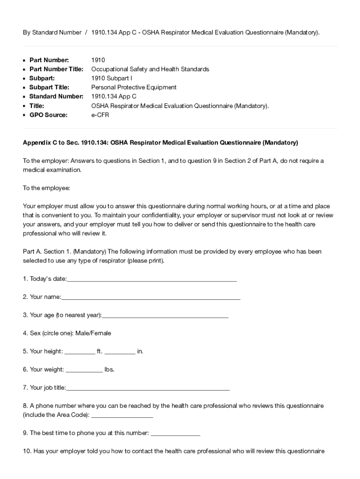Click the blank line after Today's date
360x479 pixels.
click(x=152, y=279)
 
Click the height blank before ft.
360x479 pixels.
click(x=79, y=351)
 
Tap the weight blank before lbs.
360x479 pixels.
click(x=84, y=370)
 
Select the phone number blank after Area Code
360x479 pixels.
click(x=122, y=415)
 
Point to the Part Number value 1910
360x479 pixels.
click(x=98, y=60)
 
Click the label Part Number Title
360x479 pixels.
click(x=56, y=69)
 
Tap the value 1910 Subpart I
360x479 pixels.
click(x=112, y=78)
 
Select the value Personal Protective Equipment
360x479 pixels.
click(x=134, y=87)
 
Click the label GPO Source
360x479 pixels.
click(x=48, y=115)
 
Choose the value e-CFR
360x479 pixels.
click(x=100, y=115)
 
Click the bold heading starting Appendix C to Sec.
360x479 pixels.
click(x=160, y=142)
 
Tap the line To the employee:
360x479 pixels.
click(x=46, y=188)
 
